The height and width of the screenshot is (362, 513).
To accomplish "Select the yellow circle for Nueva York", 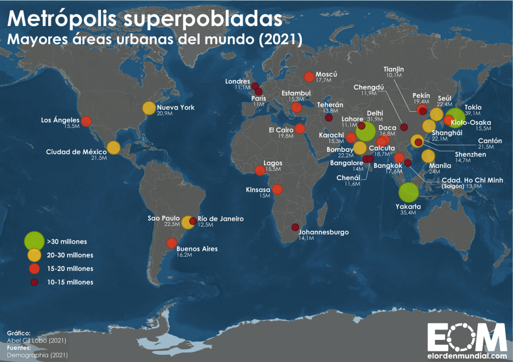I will [149, 108].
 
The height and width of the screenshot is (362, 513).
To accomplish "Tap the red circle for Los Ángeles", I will [86, 121].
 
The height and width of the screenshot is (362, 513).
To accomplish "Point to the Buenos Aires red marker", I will [171, 244].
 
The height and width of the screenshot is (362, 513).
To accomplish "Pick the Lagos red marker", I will [260, 171].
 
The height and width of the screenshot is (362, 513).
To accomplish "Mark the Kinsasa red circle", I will [278, 190].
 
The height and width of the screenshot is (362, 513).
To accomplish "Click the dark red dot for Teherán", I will [329, 118].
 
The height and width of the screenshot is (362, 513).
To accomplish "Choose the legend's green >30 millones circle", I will [35, 241].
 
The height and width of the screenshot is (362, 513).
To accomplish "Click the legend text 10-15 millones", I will [70, 282].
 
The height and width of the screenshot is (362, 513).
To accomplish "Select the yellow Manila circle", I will [428, 156].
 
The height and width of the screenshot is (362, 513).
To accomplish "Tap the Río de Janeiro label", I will [220, 219].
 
